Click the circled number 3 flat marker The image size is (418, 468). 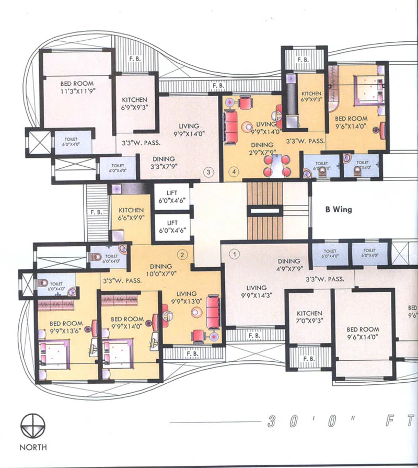click(x=208, y=172)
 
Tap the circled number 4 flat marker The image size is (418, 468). click(x=234, y=172)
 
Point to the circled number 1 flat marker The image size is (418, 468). click(x=235, y=255)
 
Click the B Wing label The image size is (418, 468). click(x=339, y=210)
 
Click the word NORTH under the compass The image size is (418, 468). click(x=32, y=447)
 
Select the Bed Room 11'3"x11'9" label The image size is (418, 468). click(x=77, y=87)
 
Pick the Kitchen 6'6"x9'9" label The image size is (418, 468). click(x=131, y=214)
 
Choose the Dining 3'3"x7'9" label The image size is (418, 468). click(x=164, y=163)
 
